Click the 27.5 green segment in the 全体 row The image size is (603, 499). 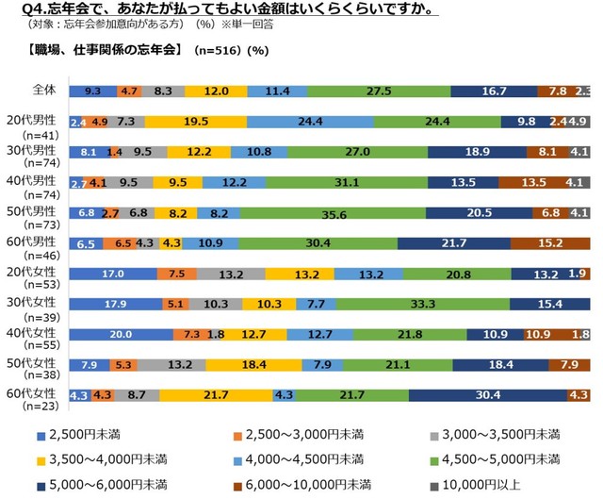coord(379,91)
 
